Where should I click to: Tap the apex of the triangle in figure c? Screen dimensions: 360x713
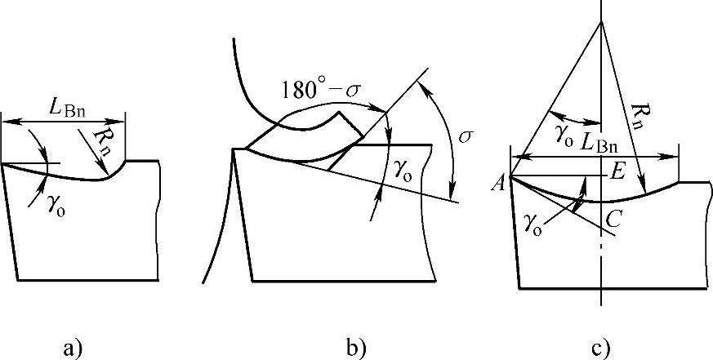(602, 21)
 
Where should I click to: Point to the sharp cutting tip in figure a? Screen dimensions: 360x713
(2, 164)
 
